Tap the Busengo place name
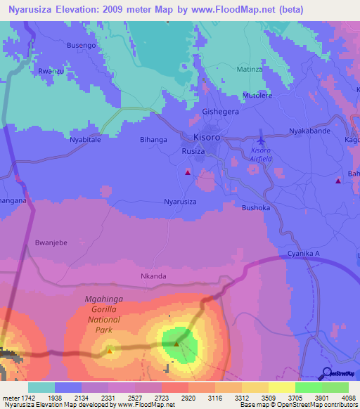click(x=81, y=45)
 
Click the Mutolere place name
click(x=257, y=95)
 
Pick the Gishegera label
click(x=220, y=112)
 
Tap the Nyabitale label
click(x=84, y=140)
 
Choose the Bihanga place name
click(x=153, y=140)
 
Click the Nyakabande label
click(x=309, y=131)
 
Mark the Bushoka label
click(x=255, y=208)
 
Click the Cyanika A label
click(x=304, y=253)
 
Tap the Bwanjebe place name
click(x=51, y=242)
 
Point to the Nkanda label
click(x=153, y=276)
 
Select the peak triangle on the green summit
click(x=176, y=344)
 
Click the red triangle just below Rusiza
click(x=188, y=171)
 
